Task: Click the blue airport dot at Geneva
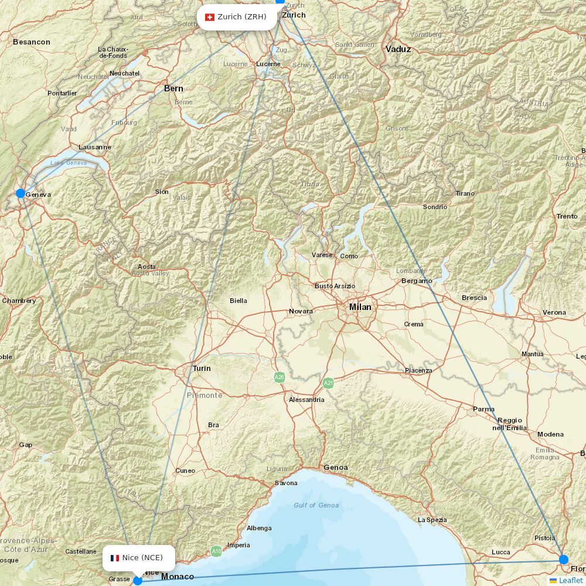click(21, 193)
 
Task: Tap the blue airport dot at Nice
click(138, 580)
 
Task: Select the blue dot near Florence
click(564, 559)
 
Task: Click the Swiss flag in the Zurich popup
click(210, 17)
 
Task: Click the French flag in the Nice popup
click(115, 558)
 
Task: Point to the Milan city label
click(360, 307)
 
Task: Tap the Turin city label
click(202, 369)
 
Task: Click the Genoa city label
click(336, 468)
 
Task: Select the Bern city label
click(173, 88)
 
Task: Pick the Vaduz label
click(398, 49)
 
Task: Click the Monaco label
click(178, 577)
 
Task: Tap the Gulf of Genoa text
click(316, 505)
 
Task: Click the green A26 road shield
click(280, 377)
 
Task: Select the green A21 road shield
click(328, 383)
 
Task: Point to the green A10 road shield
click(216, 551)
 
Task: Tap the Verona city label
click(554, 312)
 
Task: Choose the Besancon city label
click(32, 42)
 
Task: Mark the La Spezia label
click(432, 520)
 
